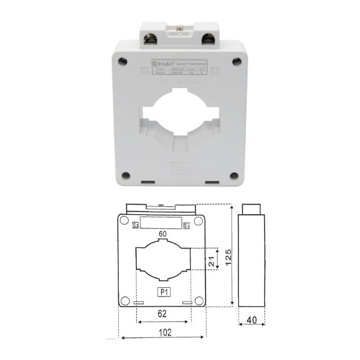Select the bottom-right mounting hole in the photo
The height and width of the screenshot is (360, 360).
pyautogui.click(x=235, y=176)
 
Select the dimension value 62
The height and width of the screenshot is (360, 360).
pyautogui.click(x=162, y=314)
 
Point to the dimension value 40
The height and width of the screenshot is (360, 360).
pyautogui.click(x=252, y=319)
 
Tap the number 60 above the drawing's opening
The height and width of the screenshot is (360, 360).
pyautogui.click(x=163, y=234)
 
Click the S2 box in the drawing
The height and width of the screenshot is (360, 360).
pyautogui.click(x=136, y=226)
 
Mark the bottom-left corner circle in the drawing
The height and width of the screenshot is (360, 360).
pyautogui.click(x=125, y=301)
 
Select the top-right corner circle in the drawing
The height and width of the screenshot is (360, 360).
pyautogui.click(x=198, y=220)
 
